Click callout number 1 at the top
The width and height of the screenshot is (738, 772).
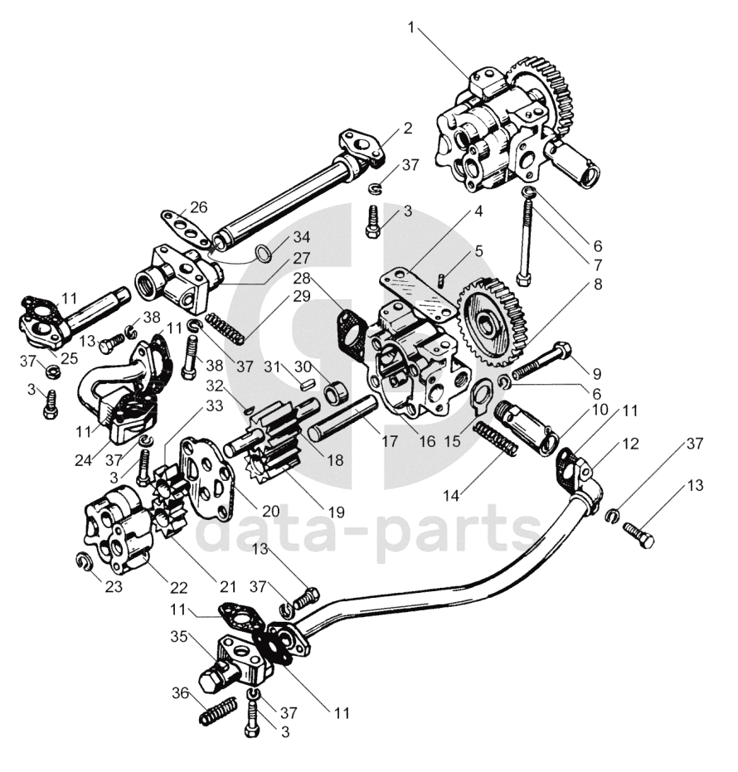click(x=411, y=28)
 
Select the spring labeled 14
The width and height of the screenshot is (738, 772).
click(x=495, y=439)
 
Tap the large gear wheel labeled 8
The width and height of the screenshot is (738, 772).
click(x=493, y=322)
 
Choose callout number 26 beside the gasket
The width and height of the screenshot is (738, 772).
click(x=198, y=208)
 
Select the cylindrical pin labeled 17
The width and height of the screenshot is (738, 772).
click(x=342, y=419)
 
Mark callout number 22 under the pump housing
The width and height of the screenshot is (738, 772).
click(x=179, y=587)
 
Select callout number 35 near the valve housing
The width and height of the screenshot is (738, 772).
click(x=180, y=636)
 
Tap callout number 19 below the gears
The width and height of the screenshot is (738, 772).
click(x=337, y=512)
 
